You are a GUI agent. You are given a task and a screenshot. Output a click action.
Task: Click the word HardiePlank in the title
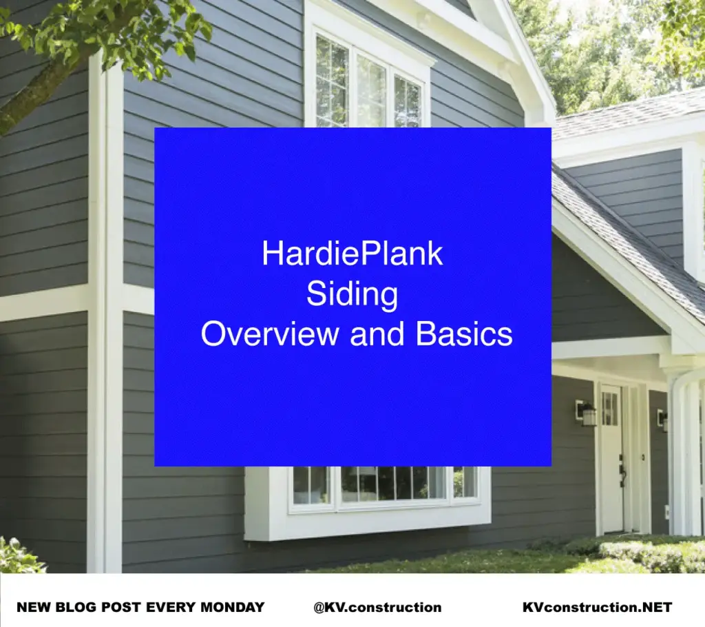point(352,254)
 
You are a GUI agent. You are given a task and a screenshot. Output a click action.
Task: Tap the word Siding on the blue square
point(352,294)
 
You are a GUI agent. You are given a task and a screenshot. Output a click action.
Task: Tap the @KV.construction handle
point(377,607)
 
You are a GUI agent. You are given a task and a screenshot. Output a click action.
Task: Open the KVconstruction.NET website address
point(597,607)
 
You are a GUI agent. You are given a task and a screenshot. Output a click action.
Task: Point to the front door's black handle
point(622,473)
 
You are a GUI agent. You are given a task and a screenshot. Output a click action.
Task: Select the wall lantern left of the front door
point(587,413)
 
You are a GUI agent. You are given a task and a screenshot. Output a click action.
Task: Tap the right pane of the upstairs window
point(408,100)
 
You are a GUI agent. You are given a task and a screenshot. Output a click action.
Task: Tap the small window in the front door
point(609,409)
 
